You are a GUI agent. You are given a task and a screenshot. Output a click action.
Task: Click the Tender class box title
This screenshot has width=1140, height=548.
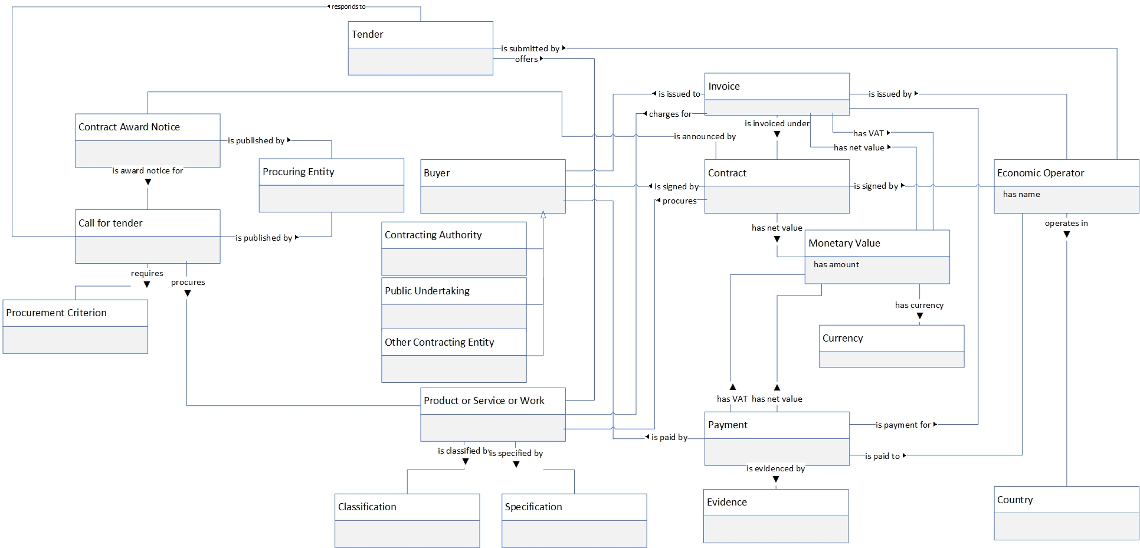click(x=368, y=34)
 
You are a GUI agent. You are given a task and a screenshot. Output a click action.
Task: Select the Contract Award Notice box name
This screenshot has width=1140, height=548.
click(x=129, y=127)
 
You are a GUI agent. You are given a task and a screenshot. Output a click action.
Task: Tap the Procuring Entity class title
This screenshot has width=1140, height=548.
click(x=299, y=172)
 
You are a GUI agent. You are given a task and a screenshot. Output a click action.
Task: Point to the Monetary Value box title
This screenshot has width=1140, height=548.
click(x=844, y=243)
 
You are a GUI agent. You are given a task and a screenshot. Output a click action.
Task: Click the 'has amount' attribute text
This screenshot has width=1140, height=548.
click(x=836, y=264)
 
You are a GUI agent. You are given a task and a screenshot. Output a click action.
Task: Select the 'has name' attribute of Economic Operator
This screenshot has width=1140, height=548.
click(x=1021, y=194)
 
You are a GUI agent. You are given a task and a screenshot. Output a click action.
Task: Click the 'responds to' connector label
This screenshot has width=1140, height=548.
click(x=348, y=6)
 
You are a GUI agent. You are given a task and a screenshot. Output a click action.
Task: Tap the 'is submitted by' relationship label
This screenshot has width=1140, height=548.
click(x=530, y=48)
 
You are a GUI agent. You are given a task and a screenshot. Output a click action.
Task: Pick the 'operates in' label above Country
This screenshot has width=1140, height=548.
click(x=1066, y=223)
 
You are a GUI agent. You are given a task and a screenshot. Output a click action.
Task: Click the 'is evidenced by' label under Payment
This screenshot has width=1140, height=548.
click(x=775, y=468)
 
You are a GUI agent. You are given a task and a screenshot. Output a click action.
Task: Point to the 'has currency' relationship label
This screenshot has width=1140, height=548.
click(x=919, y=305)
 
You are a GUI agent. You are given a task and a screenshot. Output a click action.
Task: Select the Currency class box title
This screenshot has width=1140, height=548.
click(x=843, y=338)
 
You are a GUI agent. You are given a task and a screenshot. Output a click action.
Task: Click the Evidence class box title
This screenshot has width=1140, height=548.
click(x=727, y=502)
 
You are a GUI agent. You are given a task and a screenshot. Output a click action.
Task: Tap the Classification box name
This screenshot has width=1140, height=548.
click(x=367, y=507)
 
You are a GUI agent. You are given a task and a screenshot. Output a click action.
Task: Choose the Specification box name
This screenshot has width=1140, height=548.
click(x=533, y=507)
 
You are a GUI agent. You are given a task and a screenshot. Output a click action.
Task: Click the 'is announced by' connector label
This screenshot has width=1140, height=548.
click(x=705, y=136)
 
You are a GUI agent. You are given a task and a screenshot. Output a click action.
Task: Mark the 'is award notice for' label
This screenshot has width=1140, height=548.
click(x=148, y=170)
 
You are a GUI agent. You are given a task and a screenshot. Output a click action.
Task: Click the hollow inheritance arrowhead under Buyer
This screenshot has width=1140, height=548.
click(x=543, y=216)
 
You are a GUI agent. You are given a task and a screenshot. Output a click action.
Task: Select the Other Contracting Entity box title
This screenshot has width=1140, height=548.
click(x=440, y=342)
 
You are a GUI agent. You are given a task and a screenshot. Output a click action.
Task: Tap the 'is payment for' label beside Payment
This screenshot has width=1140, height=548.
click(x=903, y=425)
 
